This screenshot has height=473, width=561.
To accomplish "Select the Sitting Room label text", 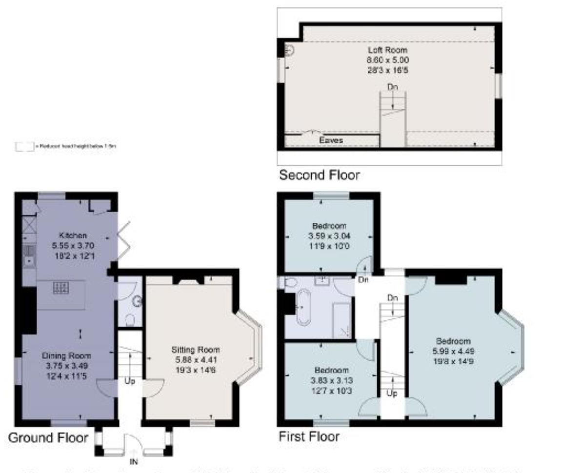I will [x=195, y=350].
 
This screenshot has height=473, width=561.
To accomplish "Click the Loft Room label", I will [x=387, y=50].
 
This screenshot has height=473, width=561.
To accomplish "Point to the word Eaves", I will [x=331, y=140].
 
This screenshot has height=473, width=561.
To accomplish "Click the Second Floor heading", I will [x=319, y=175].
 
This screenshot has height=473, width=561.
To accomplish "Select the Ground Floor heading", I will [x=48, y=437].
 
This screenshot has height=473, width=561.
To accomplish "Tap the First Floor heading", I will [x=309, y=436].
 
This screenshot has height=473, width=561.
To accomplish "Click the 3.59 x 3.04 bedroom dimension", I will [x=329, y=236].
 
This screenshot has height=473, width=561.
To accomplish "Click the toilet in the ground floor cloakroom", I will [x=130, y=320].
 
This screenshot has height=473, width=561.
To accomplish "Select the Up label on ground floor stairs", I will [x=129, y=381].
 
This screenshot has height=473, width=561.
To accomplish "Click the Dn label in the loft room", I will [x=392, y=87].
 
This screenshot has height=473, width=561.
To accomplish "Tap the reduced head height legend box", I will [x=24, y=146].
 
